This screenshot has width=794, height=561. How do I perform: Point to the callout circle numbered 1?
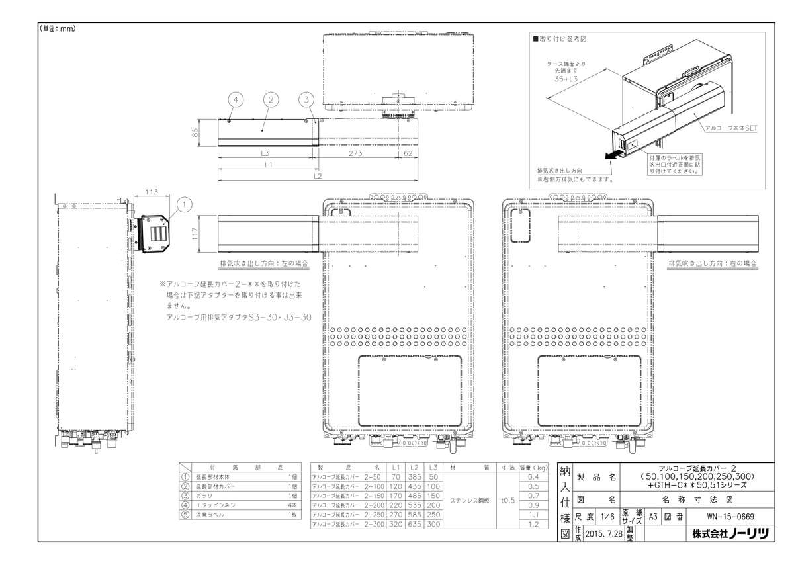point(185,204)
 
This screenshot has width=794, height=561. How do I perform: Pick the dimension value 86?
point(195,132)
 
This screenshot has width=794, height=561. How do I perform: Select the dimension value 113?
point(151,192)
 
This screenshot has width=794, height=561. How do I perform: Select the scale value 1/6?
point(608,517)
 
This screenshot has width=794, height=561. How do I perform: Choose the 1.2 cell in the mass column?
point(534,523)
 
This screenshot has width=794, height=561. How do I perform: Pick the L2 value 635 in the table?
point(416,523)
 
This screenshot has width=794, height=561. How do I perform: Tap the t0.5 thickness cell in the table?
point(507,500)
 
